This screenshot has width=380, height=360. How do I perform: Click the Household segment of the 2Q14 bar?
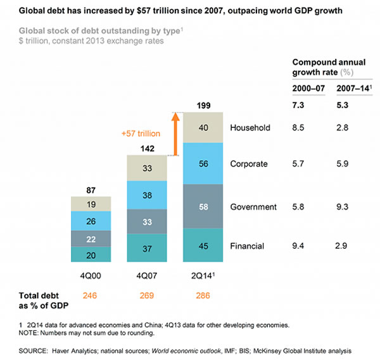point(203,127)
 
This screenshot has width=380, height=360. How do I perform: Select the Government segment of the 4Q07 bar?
point(148,221)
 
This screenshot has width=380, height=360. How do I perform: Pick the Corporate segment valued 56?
point(203,163)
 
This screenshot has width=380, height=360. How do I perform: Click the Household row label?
point(250,128)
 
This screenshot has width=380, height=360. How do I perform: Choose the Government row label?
point(253,207)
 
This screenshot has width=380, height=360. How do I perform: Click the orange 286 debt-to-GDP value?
point(203,295)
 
